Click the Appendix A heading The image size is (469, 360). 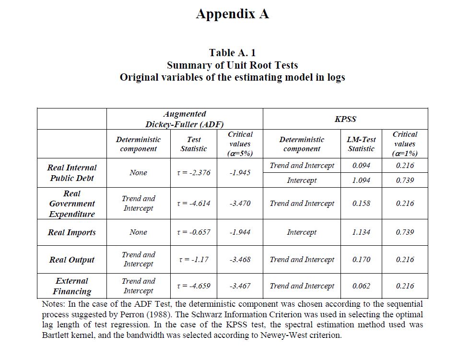[x=232, y=14]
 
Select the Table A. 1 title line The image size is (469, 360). [x=232, y=52]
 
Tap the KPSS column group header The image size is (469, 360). [x=345, y=119]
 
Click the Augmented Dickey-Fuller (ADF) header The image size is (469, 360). [x=185, y=119]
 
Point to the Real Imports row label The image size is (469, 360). [x=72, y=232]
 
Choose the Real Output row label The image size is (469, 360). [x=72, y=260]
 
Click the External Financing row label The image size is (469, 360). [x=72, y=286]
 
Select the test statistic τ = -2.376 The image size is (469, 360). [x=194, y=173]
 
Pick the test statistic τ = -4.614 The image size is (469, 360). [x=194, y=204]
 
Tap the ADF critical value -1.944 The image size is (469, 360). [x=240, y=232]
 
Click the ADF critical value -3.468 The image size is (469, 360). [x=240, y=260]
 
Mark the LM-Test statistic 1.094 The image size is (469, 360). [x=361, y=180]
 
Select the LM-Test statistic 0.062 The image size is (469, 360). [x=361, y=286]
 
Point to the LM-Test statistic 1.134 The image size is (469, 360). [x=361, y=232]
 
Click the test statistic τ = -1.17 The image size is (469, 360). [x=194, y=260]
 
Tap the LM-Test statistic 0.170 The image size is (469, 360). [x=361, y=260]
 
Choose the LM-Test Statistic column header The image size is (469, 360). [x=361, y=144]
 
